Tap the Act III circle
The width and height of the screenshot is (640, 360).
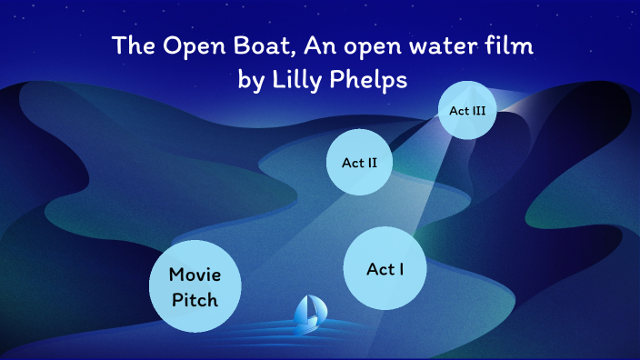(x=468, y=110)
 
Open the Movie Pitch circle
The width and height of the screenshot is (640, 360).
(x=194, y=285)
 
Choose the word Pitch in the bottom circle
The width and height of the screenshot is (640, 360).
(x=194, y=297)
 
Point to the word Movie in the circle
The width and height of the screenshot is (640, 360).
(x=194, y=274)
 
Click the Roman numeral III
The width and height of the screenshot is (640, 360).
(x=478, y=110)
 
